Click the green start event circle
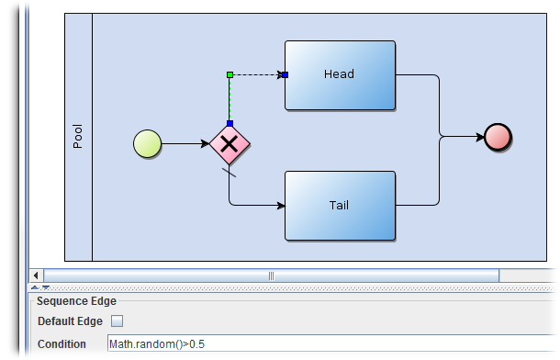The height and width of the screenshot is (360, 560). [148, 143]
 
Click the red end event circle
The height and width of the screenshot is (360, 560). [498, 137]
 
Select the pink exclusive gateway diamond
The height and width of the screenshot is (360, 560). [229, 143]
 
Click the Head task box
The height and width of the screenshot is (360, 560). [340, 74]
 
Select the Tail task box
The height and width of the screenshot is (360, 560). [340, 205]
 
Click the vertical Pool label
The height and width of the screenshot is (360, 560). [78, 138]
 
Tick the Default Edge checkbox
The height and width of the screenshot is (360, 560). [117, 321]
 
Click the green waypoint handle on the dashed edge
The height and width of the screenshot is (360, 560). [230, 74]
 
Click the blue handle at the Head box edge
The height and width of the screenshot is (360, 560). [285, 74]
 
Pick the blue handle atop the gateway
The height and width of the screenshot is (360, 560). [230, 122]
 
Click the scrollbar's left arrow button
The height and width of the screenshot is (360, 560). [37, 275]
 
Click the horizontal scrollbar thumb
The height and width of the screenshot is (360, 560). [271, 275]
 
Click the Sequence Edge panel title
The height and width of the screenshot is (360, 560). [73, 300]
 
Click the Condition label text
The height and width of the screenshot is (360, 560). [62, 344]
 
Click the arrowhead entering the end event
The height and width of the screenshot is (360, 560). [477, 137]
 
